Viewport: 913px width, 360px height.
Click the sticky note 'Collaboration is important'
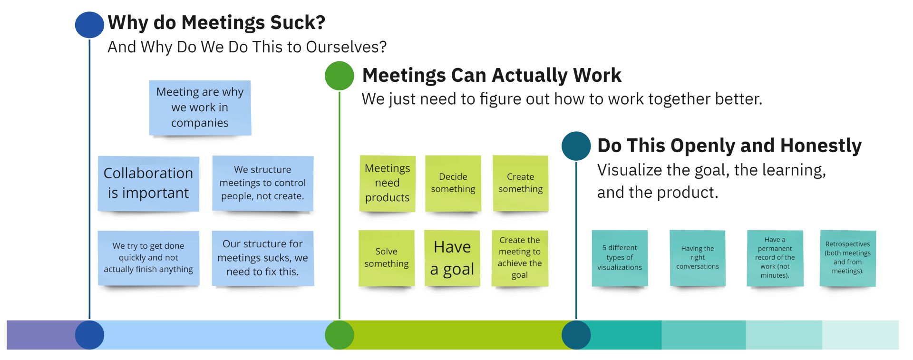click(148, 184)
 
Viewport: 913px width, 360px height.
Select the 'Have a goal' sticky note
click(452, 258)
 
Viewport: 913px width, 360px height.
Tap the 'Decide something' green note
click(453, 183)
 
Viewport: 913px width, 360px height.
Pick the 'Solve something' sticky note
click(387, 258)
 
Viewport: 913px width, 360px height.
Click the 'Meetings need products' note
click(388, 183)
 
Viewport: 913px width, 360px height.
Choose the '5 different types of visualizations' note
click(620, 258)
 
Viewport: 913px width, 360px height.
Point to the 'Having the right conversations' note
click(698, 258)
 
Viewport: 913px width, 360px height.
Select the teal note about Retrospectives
click(848, 258)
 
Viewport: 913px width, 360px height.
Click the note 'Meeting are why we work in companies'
click(200, 108)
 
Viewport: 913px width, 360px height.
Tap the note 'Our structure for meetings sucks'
click(263, 258)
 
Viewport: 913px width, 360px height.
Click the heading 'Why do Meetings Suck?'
click(216, 22)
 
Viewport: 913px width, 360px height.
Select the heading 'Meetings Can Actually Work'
click(492, 75)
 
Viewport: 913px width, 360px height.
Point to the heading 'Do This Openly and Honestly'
click(729, 146)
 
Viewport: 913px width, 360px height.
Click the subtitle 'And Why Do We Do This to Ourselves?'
click(247, 47)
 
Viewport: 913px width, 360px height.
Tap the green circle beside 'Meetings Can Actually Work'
click(340, 76)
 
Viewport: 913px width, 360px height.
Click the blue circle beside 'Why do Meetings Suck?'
click(89, 24)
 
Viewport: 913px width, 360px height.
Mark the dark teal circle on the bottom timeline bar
click(576, 335)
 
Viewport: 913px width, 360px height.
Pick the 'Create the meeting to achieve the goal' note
click(520, 258)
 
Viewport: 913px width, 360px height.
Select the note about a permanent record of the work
click(775, 258)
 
